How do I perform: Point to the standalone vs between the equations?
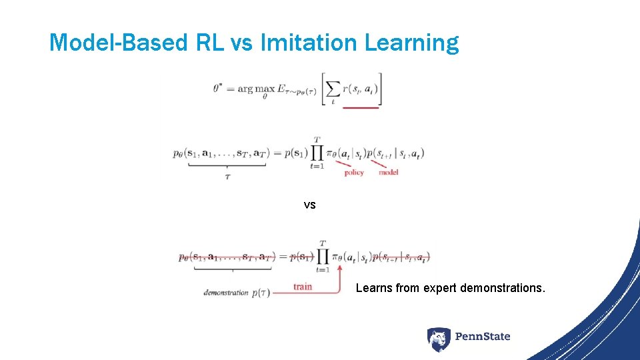(309, 205)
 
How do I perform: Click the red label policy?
(354, 173)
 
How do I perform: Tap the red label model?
(388, 173)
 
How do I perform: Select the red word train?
(302, 287)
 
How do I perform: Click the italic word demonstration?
(226, 293)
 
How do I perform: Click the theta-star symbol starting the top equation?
(218, 87)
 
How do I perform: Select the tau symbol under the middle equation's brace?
(227, 178)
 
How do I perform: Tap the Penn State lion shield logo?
(439, 339)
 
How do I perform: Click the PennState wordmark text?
(483, 337)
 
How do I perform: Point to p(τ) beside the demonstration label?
(261, 293)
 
